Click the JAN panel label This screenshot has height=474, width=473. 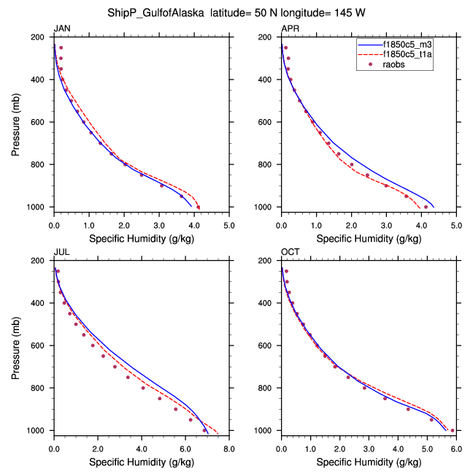click(62, 28)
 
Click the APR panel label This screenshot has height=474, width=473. click(290, 28)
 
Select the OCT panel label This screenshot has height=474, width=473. click(291, 252)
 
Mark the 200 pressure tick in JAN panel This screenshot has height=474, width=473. click(39, 37)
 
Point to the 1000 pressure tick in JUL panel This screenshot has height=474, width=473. click(37, 431)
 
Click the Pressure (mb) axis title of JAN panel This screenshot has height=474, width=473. click(16, 122)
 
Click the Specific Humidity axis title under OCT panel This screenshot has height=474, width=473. click(369, 462)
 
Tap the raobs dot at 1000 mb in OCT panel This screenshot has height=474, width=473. click(453, 430)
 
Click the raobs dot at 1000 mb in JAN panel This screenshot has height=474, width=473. click(199, 207)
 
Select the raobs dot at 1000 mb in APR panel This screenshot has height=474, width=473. click(426, 207)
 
